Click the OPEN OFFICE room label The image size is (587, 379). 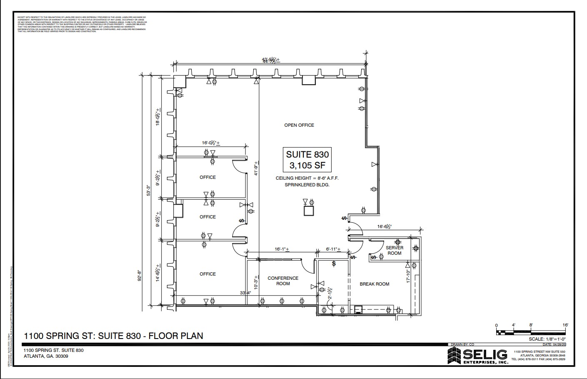coord(299,125)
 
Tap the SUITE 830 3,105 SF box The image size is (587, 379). coord(307,160)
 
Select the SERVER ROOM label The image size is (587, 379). coord(394,251)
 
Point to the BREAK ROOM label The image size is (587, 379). coord(374,284)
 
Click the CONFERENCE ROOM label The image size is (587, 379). coord(283,281)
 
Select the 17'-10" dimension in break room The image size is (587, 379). coord(408,276)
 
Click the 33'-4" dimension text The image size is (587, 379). coord(245,293)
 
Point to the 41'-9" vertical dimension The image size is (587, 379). coord(257,168)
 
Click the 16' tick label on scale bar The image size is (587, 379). coord(565,325)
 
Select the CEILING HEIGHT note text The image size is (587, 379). coord(307,178)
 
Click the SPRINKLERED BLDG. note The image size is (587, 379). coord(307,184)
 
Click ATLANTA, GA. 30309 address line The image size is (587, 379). coord(46,356)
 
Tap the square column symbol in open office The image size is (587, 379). coord(309,211)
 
